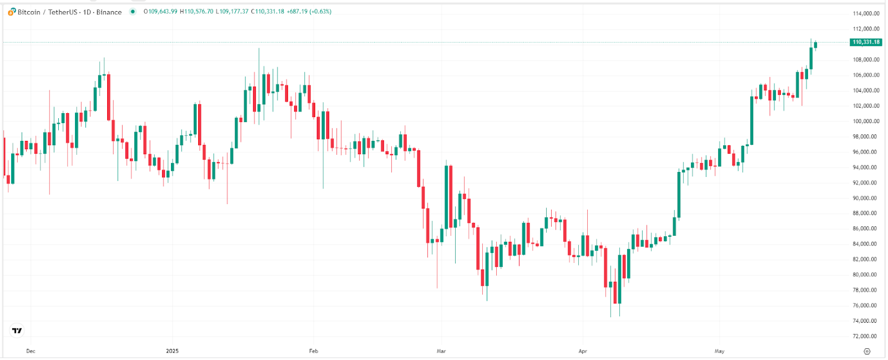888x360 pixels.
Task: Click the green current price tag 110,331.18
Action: pos(866,42)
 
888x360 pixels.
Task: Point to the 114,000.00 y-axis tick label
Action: pos(866,13)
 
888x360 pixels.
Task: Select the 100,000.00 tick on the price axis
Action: pos(866,121)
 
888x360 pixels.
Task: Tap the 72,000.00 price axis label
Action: pos(866,336)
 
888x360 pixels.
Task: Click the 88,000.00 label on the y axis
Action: pos(866,213)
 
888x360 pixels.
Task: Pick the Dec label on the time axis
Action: pos(31,351)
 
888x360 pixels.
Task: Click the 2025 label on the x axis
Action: pos(172,351)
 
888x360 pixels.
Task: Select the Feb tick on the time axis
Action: pos(314,351)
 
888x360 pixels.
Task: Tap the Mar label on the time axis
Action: pos(441,351)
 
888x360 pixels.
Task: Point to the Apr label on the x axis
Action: pos(583,351)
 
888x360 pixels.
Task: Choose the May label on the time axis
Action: pos(719,351)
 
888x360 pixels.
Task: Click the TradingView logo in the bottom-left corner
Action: pos(17,331)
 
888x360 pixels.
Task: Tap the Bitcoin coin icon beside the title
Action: pos(12,12)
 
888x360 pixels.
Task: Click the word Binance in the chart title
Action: pos(109,12)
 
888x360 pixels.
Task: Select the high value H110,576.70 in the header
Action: pos(196,12)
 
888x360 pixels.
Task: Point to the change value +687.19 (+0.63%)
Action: pos(309,12)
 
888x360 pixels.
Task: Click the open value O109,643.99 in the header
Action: pos(160,12)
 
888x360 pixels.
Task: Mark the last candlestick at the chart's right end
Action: pos(815,44)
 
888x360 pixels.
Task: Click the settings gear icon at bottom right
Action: pos(867,351)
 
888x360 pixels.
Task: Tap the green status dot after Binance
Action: pos(133,12)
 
